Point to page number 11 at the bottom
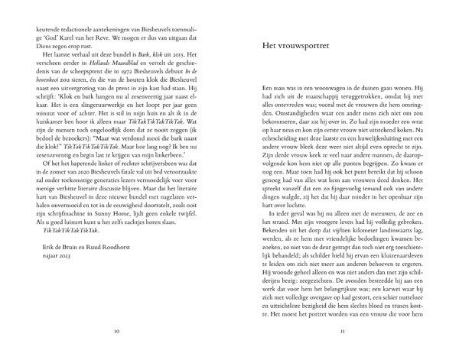[343, 331]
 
